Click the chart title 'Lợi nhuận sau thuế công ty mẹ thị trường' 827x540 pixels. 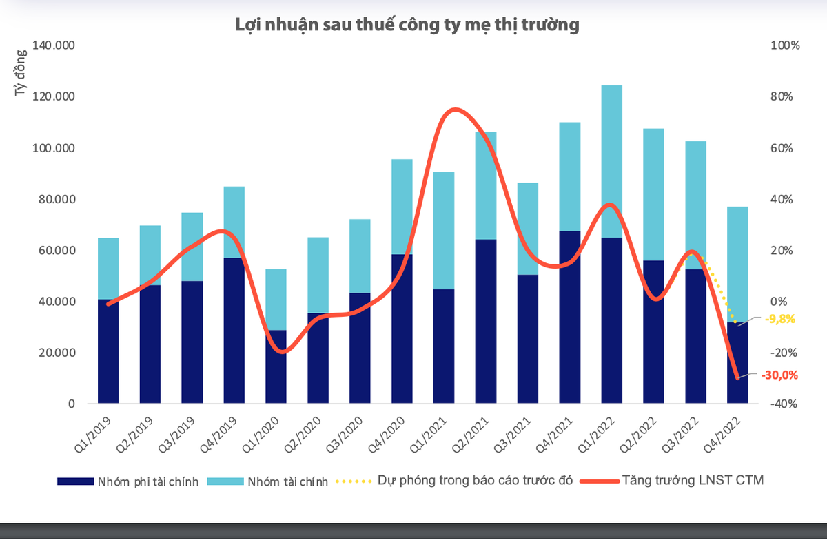coord(407,25)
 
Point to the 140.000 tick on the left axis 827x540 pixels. coord(54,46)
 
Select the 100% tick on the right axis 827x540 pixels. coord(785,46)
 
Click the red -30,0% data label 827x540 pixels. coord(779,375)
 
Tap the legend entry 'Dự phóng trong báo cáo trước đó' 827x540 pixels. coord(476,481)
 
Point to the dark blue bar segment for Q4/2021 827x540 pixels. coord(570,317)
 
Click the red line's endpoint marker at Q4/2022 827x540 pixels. coord(737,377)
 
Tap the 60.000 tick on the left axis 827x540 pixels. coord(60,251)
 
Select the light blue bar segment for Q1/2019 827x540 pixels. coord(108,269)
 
